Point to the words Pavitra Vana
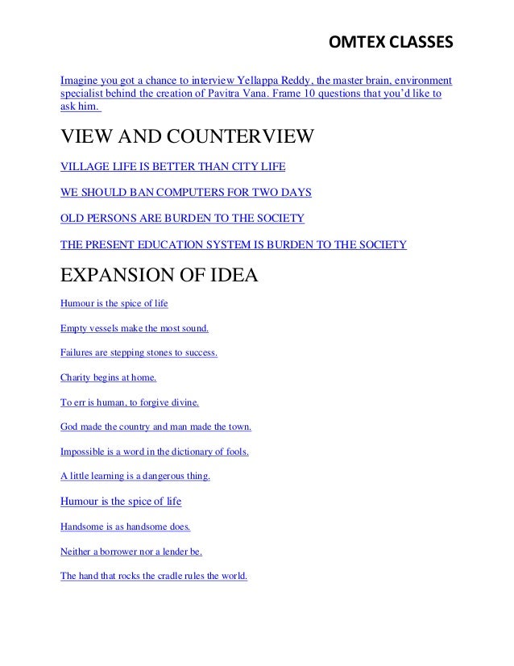(x=236, y=94)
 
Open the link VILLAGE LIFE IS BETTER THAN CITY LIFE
(x=173, y=170)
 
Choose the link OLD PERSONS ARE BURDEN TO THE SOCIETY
(x=183, y=219)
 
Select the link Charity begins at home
(x=109, y=377)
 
